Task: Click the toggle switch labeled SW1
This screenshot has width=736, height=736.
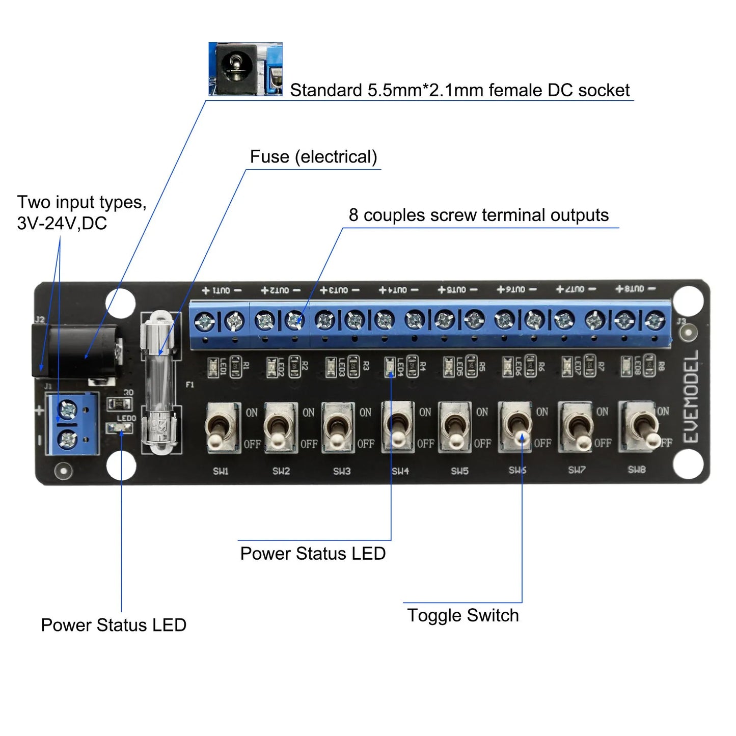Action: [x=222, y=427]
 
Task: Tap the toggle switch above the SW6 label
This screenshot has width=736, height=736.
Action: [x=517, y=427]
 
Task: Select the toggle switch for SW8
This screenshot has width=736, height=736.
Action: [x=637, y=427]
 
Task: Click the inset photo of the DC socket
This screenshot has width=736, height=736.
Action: [x=245, y=69]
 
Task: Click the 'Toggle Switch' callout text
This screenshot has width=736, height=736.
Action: [x=462, y=615]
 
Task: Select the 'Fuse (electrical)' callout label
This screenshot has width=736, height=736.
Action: [x=313, y=157]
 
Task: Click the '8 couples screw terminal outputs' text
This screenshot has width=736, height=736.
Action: [x=478, y=215]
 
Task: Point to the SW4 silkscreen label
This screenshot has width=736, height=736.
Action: [x=400, y=471]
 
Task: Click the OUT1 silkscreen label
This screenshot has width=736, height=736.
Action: [x=222, y=290]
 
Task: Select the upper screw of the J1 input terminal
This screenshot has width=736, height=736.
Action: [x=67, y=408]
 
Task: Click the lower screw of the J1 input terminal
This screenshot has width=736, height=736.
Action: [x=67, y=439]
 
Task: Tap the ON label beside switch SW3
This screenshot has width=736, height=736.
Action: [x=365, y=413]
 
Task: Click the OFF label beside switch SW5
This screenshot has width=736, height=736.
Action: [x=482, y=444]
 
